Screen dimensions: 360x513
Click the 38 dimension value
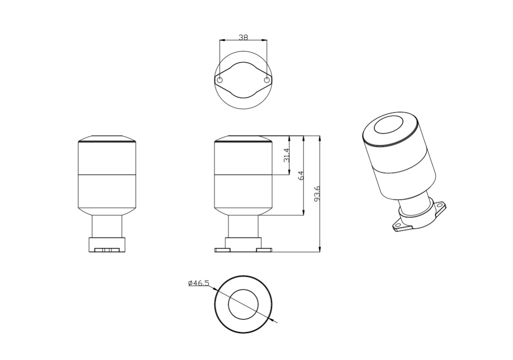click(x=243, y=37)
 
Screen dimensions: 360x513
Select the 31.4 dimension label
click(x=287, y=155)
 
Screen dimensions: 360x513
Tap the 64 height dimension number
click(x=301, y=175)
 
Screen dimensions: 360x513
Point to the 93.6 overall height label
click(x=317, y=194)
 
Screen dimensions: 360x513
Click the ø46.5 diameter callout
click(x=198, y=283)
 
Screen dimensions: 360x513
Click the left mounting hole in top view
click(x=219, y=80)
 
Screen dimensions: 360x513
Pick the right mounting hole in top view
click(x=267, y=80)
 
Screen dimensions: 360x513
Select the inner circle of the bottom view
click(x=243, y=304)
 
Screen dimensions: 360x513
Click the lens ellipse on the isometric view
click(x=388, y=124)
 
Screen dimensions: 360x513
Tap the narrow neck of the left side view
click(x=107, y=227)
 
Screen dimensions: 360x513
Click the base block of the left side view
click(x=107, y=244)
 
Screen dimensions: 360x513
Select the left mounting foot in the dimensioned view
click(x=222, y=250)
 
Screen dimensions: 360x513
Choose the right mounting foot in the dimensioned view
click(x=264, y=250)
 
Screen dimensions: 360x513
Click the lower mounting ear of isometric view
click(x=398, y=227)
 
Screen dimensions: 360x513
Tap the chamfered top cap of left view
click(x=107, y=139)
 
